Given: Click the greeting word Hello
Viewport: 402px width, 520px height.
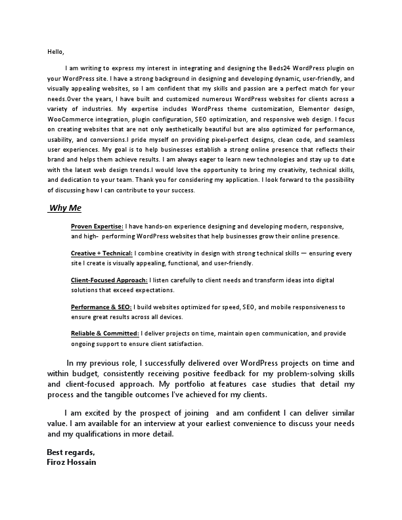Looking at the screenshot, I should [56, 51].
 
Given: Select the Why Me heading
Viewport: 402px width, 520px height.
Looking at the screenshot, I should [66, 209].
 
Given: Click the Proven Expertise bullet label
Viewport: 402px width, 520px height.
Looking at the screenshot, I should [97, 226].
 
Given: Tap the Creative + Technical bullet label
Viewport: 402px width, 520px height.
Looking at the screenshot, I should [102, 253].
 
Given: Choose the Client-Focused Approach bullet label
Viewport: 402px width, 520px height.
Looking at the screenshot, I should [108, 280].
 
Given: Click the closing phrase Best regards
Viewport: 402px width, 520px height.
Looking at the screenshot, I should [71, 452].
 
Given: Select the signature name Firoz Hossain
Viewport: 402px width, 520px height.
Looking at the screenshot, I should [72, 462].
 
